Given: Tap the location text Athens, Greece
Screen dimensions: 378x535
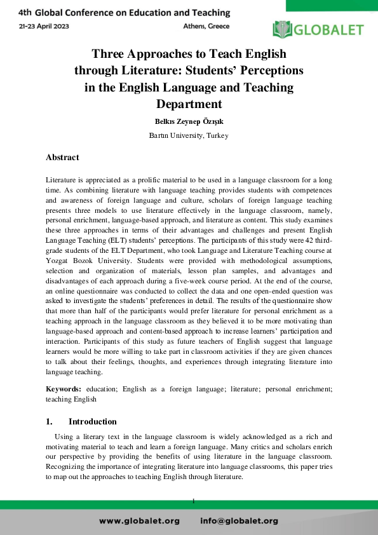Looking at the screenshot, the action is tap(206, 26).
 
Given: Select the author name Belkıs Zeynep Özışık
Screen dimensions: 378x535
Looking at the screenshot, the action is tap(189, 121).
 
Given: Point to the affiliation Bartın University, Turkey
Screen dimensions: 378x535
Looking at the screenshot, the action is tap(189, 135).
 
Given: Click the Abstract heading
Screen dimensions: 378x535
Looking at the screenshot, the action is tap(62, 156).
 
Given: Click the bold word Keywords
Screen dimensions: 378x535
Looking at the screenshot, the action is tap(64, 388).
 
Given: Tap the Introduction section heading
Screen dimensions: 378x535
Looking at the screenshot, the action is tap(93, 422).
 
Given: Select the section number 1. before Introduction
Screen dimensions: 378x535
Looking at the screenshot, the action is tap(50, 422).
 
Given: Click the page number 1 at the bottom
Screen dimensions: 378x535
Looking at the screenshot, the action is tap(192, 502).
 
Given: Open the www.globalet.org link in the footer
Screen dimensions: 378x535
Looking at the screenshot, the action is tap(140, 521).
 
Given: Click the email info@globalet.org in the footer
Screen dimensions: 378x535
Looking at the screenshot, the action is tap(239, 521).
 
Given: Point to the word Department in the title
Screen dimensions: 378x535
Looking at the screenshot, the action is tap(189, 104).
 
